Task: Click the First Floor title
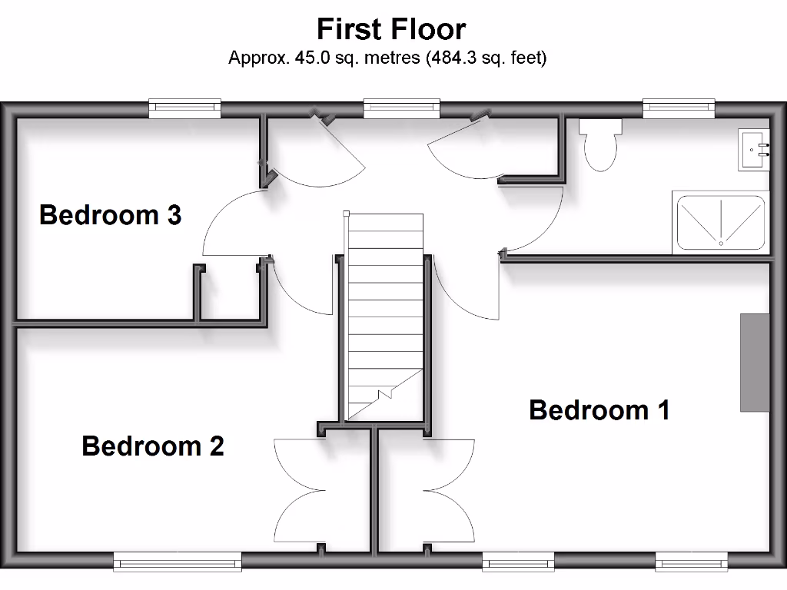pyautogui.click(x=391, y=29)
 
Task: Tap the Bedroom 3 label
pyautogui.click(x=110, y=215)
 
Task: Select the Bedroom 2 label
pyautogui.click(x=152, y=446)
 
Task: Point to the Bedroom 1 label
pyautogui.click(x=599, y=410)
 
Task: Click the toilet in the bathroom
pyautogui.click(x=600, y=144)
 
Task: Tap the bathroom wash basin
pyautogui.click(x=753, y=149)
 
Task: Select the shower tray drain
pyautogui.click(x=721, y=243)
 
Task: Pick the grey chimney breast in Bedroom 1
pyautogui.click(x=755, y=362)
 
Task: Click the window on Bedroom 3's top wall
pyautogui.click(x=184, y=108)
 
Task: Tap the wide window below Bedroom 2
pyautogui.click(x=178, y=562)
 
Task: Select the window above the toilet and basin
pyautogui.click(x=679, y=108)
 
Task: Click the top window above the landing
pyautogui.click(x=401, y=108)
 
